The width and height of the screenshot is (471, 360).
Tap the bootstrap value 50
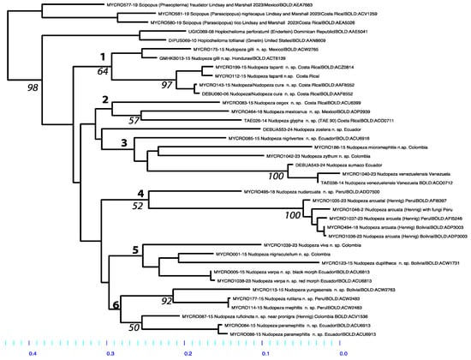click(133, 327)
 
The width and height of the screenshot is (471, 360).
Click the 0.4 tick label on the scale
click(33, 351)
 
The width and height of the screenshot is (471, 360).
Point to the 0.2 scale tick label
click(188, 351)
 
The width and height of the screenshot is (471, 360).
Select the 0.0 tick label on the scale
click(343, 351)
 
